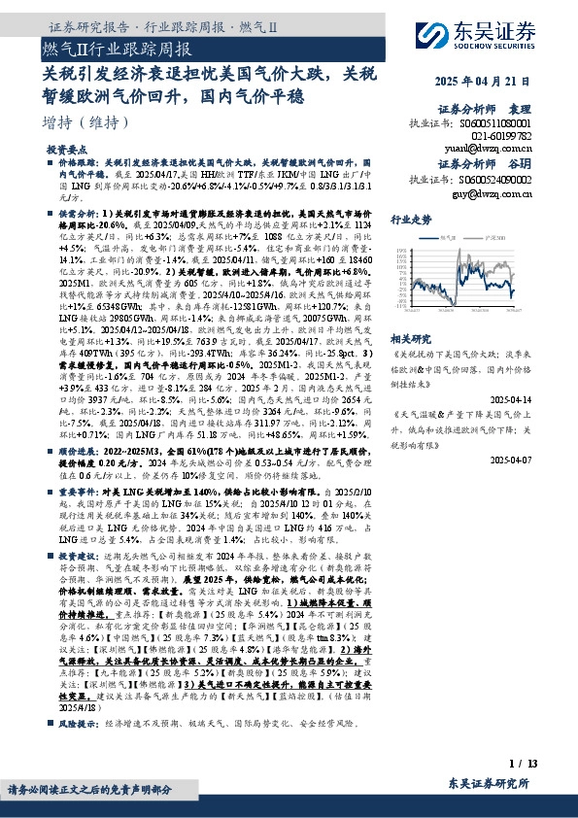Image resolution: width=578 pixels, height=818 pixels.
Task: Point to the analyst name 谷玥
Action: [546, 163]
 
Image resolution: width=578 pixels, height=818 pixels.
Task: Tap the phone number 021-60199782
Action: [522, 137]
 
